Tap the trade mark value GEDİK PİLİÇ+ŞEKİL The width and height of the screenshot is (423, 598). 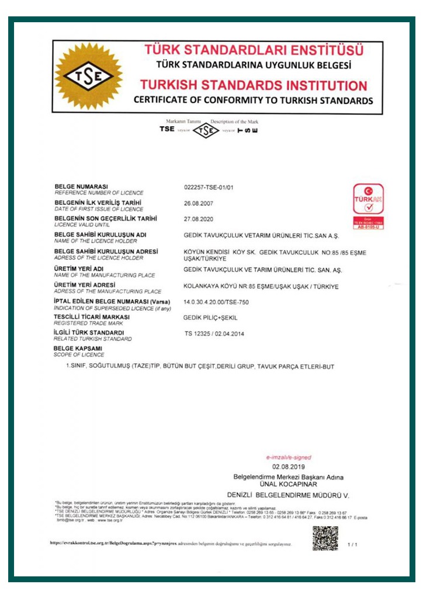click(x=211, y=317)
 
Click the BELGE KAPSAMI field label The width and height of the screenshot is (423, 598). click(x=77, y=349)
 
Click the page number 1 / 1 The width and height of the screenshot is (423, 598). click(x=352, y=544)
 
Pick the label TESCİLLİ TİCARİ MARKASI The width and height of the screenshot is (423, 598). click(x=91, y=317)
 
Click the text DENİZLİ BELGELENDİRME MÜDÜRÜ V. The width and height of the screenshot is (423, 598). click(x=288, y=495)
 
